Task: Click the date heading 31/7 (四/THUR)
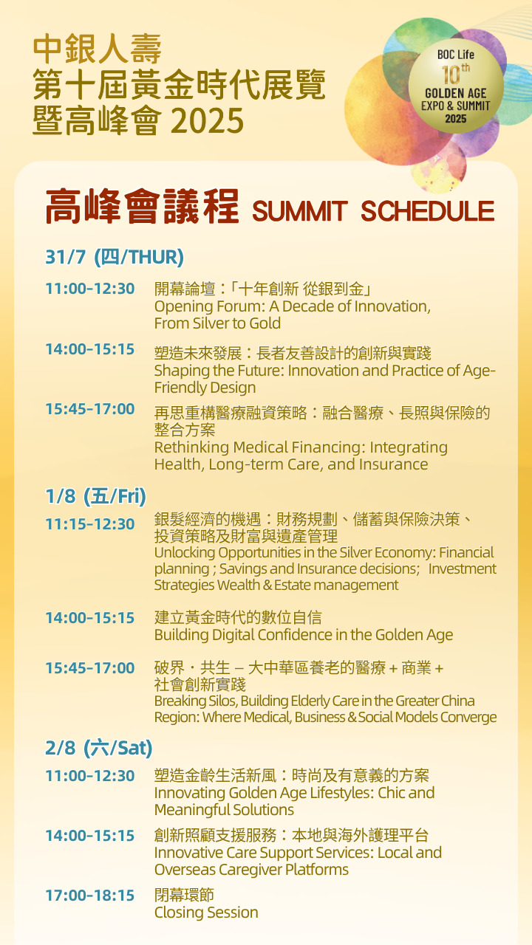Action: tap(115, 257)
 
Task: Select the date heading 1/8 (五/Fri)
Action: tap(95, 496)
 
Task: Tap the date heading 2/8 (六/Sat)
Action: tap(98, 748)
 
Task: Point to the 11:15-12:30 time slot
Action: tap(90, 524)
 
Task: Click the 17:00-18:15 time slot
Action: tap(90, 896)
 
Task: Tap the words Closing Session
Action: tap(206, 913)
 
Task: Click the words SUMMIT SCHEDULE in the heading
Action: tap(372, 211)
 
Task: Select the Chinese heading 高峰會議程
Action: tap(142, 207)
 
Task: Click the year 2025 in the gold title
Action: tap(207, 120)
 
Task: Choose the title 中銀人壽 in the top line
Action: tap(98, 49)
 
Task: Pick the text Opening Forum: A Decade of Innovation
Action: tap(292, 306)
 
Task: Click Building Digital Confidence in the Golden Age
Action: tap(304, 635)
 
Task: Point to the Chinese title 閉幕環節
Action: tap(184, 896)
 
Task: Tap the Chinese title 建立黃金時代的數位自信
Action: tap(238, 617)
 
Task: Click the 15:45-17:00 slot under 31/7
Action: tap(90, 409)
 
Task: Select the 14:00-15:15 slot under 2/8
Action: tap(90, 836)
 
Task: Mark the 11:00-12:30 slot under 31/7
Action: tap(90, 289)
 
